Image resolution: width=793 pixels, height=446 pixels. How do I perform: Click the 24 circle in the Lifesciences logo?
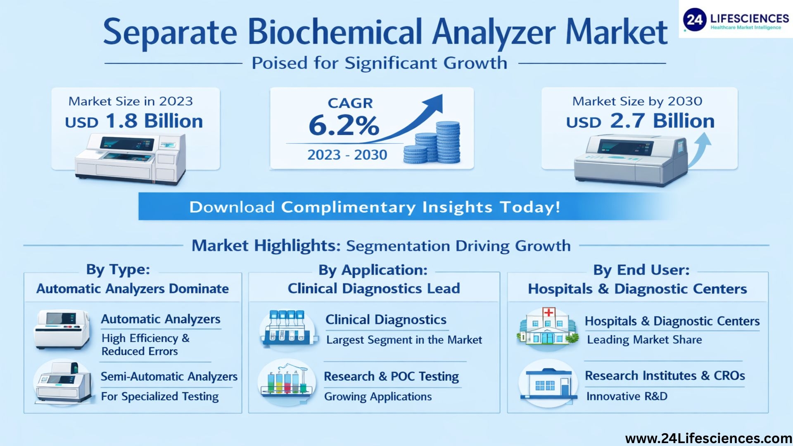pyautogui.click(x=695, y=19)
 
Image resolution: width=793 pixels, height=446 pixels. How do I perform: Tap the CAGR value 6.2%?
pyautogui.click(x=344, y=125)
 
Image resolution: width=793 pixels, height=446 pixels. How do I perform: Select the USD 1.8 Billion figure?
pyautogui.click(x=134, y=121)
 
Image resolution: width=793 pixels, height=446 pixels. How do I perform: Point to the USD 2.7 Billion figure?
pyautogui.click(x=640, y=121)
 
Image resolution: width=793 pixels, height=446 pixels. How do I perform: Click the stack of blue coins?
pyautogui.click(x=432, y=143)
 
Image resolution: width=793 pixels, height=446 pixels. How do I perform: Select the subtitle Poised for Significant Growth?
pyautogui.click(x=380, y=63)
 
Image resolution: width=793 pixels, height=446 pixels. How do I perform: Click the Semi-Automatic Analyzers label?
pyautogui.click(x=169, y=376)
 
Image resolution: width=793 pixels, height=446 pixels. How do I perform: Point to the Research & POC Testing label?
pyautogui.click(x=391, y=377)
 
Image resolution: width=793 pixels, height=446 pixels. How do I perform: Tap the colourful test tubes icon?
pyautogui.click(x=287, y=381)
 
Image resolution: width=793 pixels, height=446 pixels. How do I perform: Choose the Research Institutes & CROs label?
pyautogui.click(x=665, y=376)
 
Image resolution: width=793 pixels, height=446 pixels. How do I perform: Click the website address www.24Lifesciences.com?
pyautogui.click(x=709, y=438)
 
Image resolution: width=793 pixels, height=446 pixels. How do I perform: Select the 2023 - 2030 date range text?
pyautogui.click(x=347, y=155)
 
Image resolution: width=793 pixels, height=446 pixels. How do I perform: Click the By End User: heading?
pyautogui.click(x=641, y=270)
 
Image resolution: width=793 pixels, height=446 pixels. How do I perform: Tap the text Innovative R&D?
pyautogui.click(x=627, y=396)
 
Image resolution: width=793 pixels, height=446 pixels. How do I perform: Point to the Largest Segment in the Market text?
pyautogui.click(x=404, y=340)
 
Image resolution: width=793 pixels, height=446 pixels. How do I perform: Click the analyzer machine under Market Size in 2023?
pyautogui.click(x=131, y=159)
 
